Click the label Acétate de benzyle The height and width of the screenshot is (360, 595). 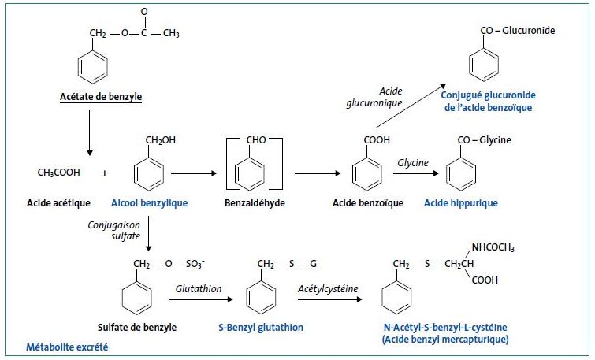tap(100, 98)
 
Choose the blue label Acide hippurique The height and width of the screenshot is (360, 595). tap(461, 202)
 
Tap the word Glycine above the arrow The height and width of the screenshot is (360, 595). tap(414, 162)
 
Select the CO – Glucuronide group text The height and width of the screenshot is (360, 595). tap(518, 31)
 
